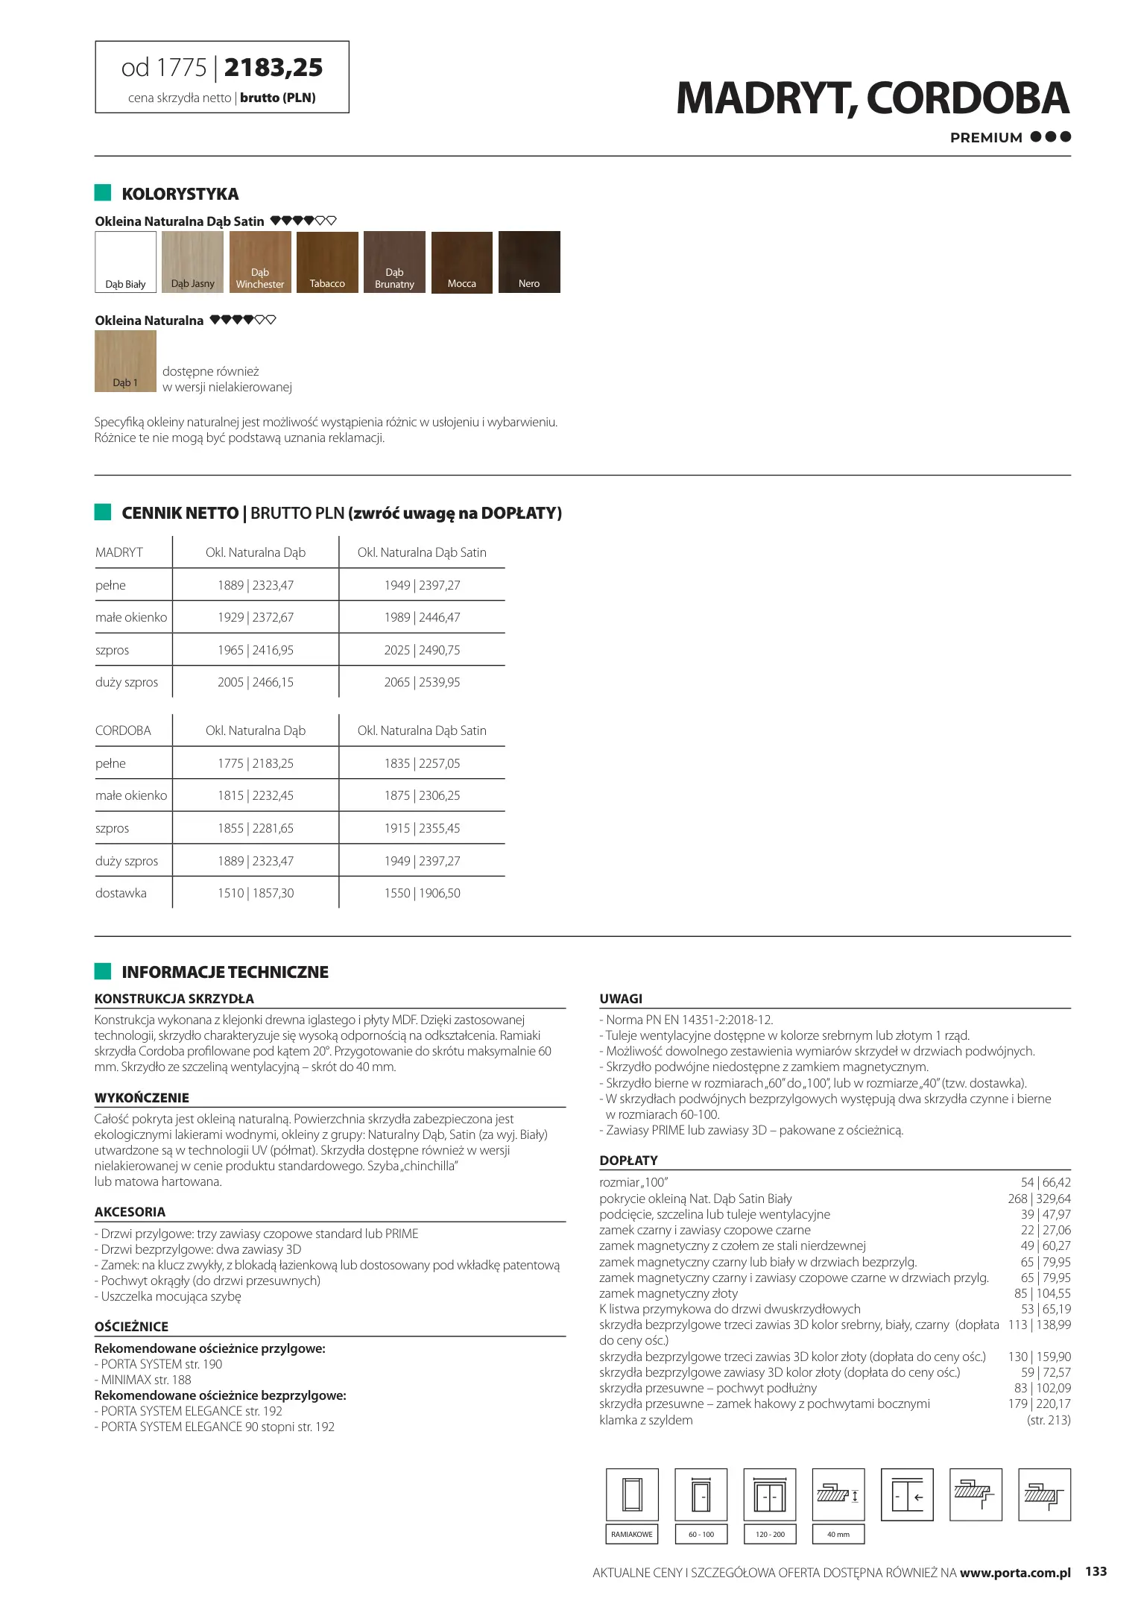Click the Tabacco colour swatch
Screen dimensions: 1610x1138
click(327, 262)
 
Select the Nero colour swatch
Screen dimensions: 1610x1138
click(529, 262)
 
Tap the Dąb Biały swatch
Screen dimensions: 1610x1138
click(125, 262)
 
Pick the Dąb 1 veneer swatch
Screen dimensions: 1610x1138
click(125, 361)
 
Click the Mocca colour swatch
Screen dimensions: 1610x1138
click(461, 262)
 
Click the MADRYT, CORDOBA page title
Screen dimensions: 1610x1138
click(872, 98)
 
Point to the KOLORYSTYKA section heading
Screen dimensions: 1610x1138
click(180, 194)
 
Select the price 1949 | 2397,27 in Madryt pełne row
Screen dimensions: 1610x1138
click(422, 585)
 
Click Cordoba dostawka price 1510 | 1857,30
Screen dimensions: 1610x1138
click(256, 893)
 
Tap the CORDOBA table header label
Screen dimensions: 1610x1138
click(123, 730)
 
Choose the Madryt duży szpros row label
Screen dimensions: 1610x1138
click(127, 682)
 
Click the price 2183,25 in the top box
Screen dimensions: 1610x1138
click(274, 68)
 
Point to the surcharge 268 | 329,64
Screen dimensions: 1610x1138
click(1039, 1199)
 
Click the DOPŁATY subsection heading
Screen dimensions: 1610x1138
click(628, 1161)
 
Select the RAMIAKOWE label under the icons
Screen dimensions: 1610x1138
click(631, 1534)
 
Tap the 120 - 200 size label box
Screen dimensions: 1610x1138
click(770, 1534)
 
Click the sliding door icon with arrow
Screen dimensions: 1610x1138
click(907, 1494)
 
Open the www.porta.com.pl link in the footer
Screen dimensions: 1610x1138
click(1015, 1573)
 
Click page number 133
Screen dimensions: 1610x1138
click(1096, 1571)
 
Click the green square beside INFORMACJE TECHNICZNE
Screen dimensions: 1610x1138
click(103, 971)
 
